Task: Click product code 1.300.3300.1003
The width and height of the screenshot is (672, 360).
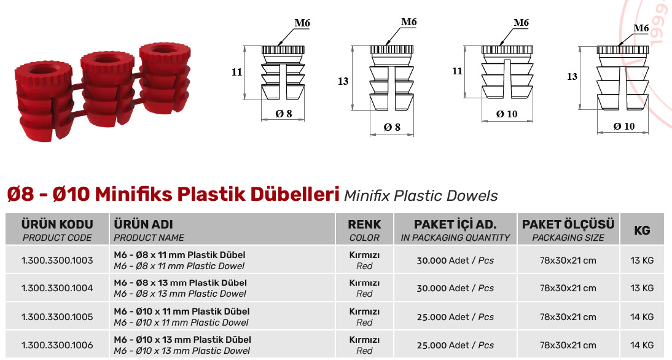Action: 57,260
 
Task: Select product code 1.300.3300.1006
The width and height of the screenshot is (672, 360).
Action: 57,345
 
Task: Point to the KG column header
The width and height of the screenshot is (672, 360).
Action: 641,230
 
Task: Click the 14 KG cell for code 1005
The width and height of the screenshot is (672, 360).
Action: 641,317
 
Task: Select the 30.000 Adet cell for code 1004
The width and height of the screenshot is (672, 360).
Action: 455,288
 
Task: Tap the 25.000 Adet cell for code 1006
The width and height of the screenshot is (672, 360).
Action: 455,345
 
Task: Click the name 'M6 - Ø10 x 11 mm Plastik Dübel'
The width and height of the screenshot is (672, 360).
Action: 182,311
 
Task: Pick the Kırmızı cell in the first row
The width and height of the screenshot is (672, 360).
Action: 364,255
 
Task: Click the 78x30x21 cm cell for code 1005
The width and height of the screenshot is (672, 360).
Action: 568,317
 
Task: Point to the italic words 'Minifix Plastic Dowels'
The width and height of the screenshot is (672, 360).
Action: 421,196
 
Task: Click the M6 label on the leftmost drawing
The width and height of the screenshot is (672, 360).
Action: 302,23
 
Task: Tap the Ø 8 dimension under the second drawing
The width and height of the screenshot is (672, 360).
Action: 392,127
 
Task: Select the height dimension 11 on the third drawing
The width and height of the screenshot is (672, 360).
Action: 457,71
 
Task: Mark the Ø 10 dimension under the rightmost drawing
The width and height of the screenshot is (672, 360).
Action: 623,127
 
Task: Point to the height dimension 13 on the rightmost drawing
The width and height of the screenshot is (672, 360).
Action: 572,77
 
